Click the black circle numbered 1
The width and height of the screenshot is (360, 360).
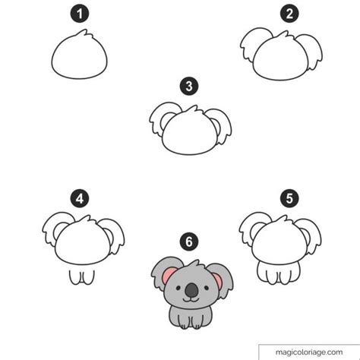click(80, 14)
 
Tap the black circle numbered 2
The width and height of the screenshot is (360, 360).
click(289, 14)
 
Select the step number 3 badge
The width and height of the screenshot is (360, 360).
click(189, 86)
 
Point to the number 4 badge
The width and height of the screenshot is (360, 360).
click(80, 198)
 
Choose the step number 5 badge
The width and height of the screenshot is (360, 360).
click(289, 198)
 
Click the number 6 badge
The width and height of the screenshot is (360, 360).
click(189, 242)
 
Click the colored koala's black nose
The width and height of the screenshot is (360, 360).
click(191, 290)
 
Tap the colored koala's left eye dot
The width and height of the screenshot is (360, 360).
click(178, 288)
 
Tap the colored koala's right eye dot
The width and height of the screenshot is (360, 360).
click(207, 288)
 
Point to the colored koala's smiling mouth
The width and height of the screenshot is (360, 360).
click(191, 300)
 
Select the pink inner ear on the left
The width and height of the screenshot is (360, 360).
click(169, 274)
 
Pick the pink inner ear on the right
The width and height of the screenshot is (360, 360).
click(217, 280)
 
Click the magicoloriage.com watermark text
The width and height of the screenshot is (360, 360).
click(309, 352)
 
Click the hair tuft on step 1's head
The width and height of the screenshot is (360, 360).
click(84, 33)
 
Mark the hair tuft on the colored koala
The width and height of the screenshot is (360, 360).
click(195, 264)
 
